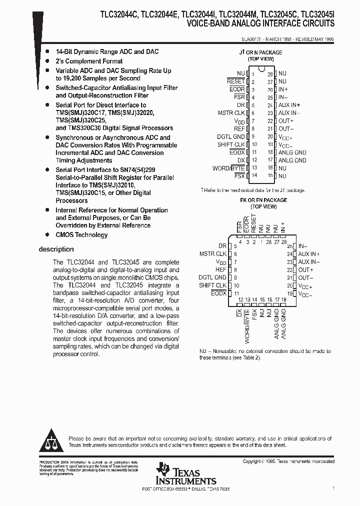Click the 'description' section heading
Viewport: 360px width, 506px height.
pyautogui.click(x=56, y=249)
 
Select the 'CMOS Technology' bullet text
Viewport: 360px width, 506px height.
pyautogui.click(x=81, y=234)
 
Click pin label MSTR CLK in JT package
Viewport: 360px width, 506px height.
pyautogui.click(x=231, y=113)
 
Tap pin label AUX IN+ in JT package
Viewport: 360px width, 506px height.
pyautogui.click(x=289, y=105)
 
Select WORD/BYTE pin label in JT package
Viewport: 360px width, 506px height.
pyautogui.click(x=228, y=168)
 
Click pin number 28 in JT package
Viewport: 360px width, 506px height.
pyautogui.click(x=270, y=73)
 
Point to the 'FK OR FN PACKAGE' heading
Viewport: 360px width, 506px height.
pyautogui.click(x=262, y=200)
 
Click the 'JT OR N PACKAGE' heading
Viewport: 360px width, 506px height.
pyautogui.click(x=260, y=52)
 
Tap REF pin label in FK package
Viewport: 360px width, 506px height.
pyautogui.click(x=220, y=269)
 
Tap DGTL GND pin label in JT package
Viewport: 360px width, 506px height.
pyautogui.click(x=231, y=136)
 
